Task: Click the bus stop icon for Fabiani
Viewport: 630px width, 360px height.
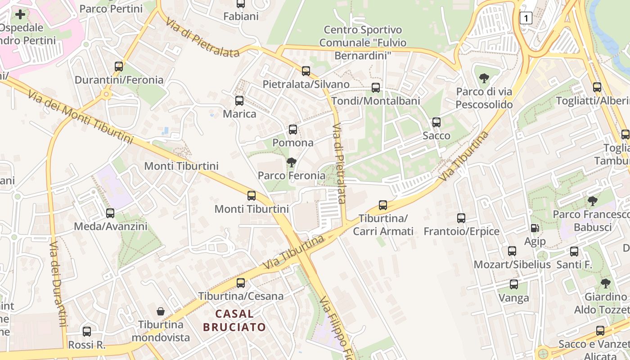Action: (x=241, y=4)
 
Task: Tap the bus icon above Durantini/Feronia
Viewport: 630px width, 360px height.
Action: (x=119, y=67)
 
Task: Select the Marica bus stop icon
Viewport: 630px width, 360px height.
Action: (x=239, y=101)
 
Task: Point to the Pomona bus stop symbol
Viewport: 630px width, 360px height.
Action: (x=293, y=130)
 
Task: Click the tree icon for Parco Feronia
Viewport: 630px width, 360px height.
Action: (x=292, y=162)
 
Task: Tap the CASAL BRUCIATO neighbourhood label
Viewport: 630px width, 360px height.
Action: (x=234, y=320)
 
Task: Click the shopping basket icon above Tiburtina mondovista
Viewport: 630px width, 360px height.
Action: (x=161, y=311)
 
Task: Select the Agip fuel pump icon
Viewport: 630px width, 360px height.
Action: (x=535, y=229)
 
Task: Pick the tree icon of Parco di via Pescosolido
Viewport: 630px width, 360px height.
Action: (x=484, y=79)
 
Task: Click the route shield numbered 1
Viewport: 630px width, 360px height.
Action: (x=526, y=18)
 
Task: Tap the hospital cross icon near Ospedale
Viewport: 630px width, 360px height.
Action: (x=20, y=14)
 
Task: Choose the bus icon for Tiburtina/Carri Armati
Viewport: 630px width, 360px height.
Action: (x=383, y=205)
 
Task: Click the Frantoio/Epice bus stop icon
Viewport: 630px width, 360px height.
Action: (x=461, y=218)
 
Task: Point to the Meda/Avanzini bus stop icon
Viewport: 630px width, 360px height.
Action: (x=110, y=213)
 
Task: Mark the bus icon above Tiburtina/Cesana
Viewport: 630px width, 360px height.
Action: (x=241, y=283)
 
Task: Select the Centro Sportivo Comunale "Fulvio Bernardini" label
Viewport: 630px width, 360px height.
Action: (x=363, y=43)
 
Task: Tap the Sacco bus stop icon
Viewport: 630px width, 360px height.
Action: (x=436, y=122)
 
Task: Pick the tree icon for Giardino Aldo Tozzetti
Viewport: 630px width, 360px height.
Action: (x=606, y=283)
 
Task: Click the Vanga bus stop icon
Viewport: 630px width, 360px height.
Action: (x=514, y=284)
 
